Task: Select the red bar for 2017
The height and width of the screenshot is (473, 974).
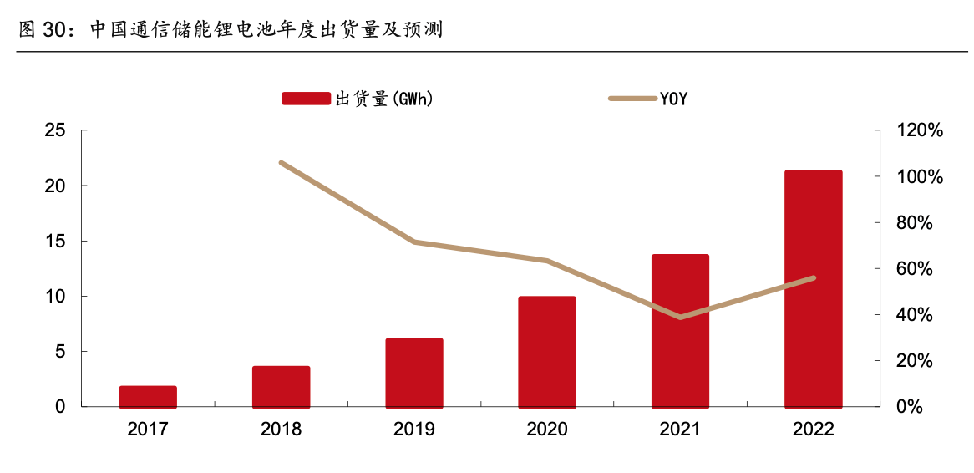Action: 148,397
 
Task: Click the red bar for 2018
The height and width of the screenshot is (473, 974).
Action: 281,387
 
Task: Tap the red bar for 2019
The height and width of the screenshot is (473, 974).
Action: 414,373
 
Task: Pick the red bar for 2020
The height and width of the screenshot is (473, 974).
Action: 547,352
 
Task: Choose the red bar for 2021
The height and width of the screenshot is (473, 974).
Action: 680,331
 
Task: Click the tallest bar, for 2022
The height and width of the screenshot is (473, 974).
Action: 813,289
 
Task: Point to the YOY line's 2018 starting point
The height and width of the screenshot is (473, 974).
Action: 282,163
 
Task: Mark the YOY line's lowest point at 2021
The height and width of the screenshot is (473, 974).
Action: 680,317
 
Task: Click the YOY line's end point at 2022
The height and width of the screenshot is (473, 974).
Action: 813,277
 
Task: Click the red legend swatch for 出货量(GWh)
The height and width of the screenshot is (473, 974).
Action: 306,99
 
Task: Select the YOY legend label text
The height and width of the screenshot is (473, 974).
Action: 673,99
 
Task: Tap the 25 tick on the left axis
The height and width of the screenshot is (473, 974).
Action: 55,130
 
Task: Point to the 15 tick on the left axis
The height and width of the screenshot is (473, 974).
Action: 55,242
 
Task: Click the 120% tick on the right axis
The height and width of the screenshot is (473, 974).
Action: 921,131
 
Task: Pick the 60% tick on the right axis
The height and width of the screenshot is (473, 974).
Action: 916,269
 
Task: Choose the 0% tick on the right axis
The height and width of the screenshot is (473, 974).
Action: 911,407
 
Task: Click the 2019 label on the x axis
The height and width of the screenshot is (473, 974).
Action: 414,430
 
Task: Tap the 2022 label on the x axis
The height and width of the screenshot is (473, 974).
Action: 813,430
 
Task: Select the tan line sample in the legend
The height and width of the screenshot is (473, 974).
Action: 632,99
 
